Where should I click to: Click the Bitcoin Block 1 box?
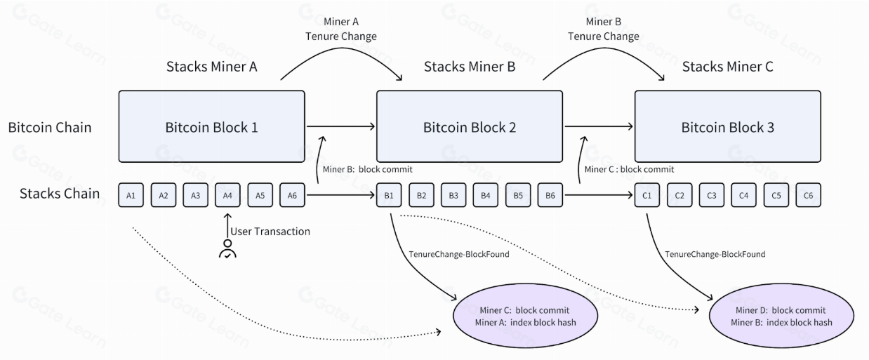pyautogui.click(x=211, y=127)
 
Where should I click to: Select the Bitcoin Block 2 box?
pyautogui.click(x=470, y=127)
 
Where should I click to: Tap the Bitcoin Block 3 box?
pyautogui.click(x=727, y=127)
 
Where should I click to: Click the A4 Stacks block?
pyautogui.click(x=227, y=195)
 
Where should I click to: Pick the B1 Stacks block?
pyautogui.click(x=389, y=195)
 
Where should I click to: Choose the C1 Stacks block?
pyautogui.click(x=647, y=195)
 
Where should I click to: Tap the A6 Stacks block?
pyautogui.click(x=292, y=195)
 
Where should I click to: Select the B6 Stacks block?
pyautogui.click(x=550, y=195)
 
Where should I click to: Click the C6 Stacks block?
pyautogui.click(x=808, y=195)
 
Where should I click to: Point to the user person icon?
pyautogui.click(x=227, y=249)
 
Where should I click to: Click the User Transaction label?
pyautogui.click(x=270, y=231)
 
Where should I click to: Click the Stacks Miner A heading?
pyautogui.click(x=211, y=67)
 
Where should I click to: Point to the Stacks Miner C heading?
pyautogui.click(x=727, y=67)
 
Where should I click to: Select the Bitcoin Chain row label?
pyautogui.click(x=50, y=128)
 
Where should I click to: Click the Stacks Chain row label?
pyautogui.click(x=60, y=194)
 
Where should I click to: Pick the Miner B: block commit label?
pyautogui.click(x=367, y=169)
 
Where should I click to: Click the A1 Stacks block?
pyautogui.click(x=131, y=195)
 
